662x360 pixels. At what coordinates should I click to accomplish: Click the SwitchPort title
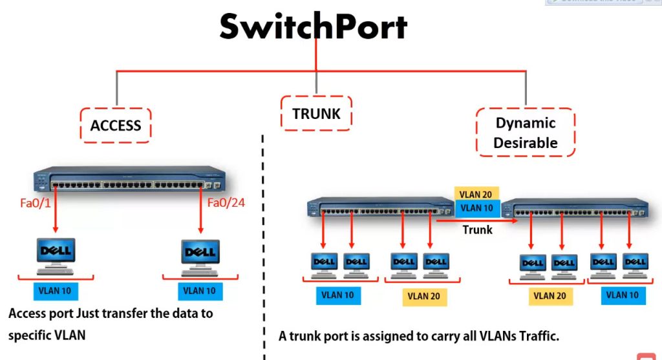point(314,27)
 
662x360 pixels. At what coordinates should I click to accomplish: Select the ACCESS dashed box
point(116,125)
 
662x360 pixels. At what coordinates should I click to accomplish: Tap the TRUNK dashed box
point(316,114)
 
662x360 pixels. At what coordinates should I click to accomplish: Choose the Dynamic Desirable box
point(525,132)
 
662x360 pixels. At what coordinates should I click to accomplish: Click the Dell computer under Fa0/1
point(56,256)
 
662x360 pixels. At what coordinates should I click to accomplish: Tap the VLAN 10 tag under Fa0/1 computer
point(55,291)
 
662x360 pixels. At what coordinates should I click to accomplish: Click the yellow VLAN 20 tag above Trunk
point(478,194)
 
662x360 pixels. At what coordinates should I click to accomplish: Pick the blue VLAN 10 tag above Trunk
point(478,208)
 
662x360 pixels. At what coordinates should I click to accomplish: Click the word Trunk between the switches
point(478,229)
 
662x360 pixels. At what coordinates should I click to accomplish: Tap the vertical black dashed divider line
point(264,246)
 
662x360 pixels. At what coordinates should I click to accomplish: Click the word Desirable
point(525,143)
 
